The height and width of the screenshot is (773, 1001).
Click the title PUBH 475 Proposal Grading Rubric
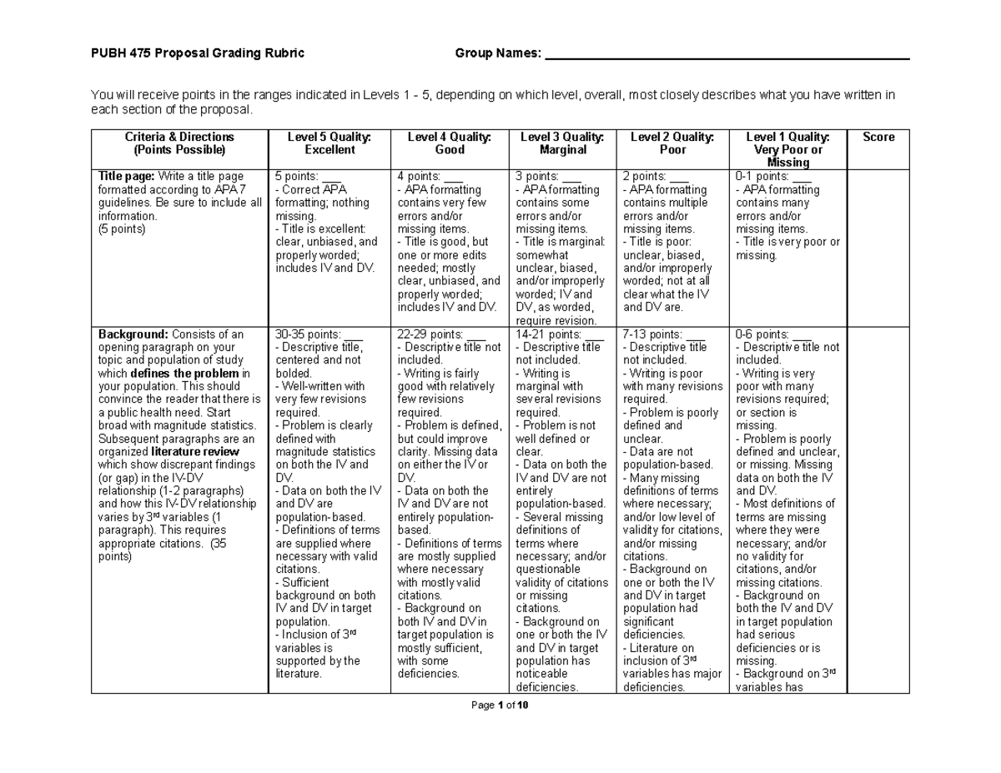click(197, 54)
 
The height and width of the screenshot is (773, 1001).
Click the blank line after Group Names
click(726, 56)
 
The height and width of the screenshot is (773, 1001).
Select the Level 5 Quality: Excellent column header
click(329, 143)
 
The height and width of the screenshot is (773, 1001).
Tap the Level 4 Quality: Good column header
click(450, 143)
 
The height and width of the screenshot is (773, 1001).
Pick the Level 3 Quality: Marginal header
click(563, 143)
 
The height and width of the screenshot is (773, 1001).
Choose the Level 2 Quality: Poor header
click(672, 143)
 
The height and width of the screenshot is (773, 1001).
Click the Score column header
click(878, 138)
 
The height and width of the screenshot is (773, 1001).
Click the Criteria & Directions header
click(179, 143)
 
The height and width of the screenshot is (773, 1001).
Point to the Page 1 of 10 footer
click(500, 706)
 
